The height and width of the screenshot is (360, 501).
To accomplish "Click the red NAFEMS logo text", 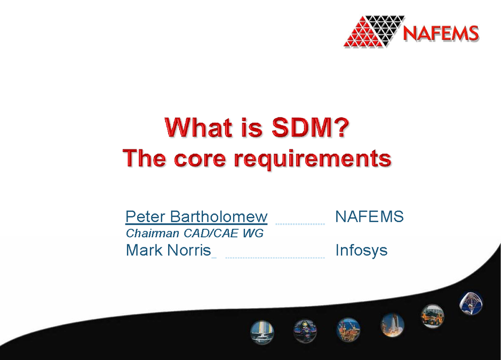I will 441,33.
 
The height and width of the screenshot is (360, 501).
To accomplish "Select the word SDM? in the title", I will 309,127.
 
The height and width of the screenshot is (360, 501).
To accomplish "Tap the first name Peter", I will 145,217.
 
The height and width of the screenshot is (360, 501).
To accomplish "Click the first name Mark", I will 145,250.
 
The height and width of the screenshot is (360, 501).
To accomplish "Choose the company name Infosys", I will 361,250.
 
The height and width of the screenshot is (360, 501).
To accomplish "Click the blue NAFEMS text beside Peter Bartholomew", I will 369,217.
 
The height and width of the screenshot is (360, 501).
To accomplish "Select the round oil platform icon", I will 348,329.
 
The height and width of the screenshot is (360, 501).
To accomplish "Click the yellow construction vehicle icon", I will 432,315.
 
